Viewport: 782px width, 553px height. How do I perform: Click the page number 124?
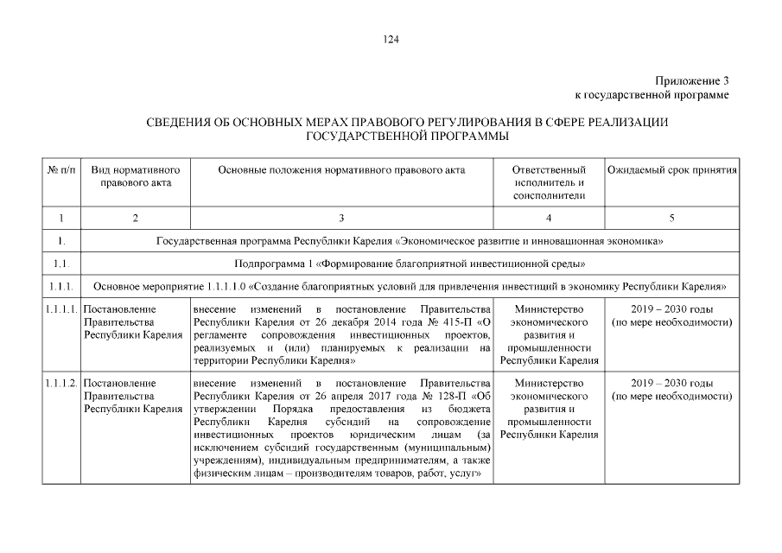click(x=391, y=39)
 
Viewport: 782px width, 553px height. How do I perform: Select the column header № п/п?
click(x=60, y=170)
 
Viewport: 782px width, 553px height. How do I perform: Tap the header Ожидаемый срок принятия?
click(x=671, y=170)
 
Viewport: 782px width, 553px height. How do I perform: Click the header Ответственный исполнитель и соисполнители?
click(x=549, y=182)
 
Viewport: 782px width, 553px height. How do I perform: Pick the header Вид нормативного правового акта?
click(x=135, y=176)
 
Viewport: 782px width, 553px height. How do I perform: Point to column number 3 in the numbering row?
click(x=341, y=218)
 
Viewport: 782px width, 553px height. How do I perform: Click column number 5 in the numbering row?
click(x=671, y=218)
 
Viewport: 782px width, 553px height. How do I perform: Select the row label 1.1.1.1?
click(x=61, y=309)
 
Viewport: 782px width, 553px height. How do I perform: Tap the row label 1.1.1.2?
click(x=61, y=383)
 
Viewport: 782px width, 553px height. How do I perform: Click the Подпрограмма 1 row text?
click(x=410, y=263)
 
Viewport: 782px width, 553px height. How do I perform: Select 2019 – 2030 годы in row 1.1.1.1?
click(x=671, y=309)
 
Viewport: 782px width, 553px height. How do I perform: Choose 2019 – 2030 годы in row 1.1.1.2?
click(x=671, y=383)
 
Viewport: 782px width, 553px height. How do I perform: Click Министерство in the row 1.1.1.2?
click(x=549, y=383)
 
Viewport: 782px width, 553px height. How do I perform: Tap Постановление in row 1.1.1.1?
click(x=120, y=309)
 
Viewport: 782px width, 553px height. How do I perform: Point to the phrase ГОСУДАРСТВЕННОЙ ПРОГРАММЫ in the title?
click(x=407, y=137)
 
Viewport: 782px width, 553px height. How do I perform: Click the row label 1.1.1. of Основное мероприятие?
click(x=60, y=285)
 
